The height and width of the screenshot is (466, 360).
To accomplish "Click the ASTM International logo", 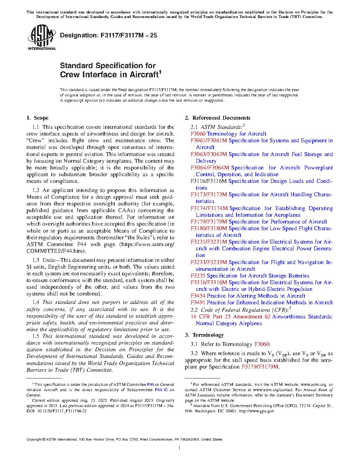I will tap(41, 37).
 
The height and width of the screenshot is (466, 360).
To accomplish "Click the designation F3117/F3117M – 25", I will tap(108, 35).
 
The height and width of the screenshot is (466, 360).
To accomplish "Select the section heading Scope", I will tap(41, 118).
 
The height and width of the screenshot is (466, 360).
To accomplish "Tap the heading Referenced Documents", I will tap(221, 118).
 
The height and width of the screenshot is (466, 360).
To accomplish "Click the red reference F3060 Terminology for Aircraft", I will tap(228, 134).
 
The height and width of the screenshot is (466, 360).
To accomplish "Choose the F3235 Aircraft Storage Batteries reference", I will tap(250, 276).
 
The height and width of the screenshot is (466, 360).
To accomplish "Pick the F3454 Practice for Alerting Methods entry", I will tap(248, 296).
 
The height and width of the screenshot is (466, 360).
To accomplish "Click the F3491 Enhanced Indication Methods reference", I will tap(262, 303).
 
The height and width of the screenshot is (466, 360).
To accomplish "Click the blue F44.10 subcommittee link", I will tap(161, 390).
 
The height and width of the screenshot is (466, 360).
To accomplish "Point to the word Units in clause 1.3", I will tap(49, 260).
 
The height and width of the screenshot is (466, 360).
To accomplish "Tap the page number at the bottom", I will tap(180, 448).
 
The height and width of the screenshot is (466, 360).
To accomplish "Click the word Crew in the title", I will tap(70, 75).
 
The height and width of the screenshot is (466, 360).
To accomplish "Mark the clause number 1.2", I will tap(36, 190).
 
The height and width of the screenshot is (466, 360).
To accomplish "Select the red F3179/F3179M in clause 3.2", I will tap(260, 367).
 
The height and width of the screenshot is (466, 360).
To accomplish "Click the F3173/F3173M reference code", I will tap(209, 195).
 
